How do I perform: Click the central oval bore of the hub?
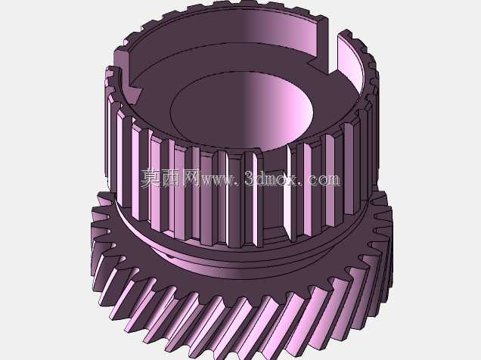point(242,112)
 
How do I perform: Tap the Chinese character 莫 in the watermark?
point(151,178)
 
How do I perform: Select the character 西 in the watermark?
point(171,178)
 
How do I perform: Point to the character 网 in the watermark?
point(190,178)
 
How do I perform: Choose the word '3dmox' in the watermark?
point(271,178)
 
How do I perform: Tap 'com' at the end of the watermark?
point(324,180)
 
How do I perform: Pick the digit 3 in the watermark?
point(250,178)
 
